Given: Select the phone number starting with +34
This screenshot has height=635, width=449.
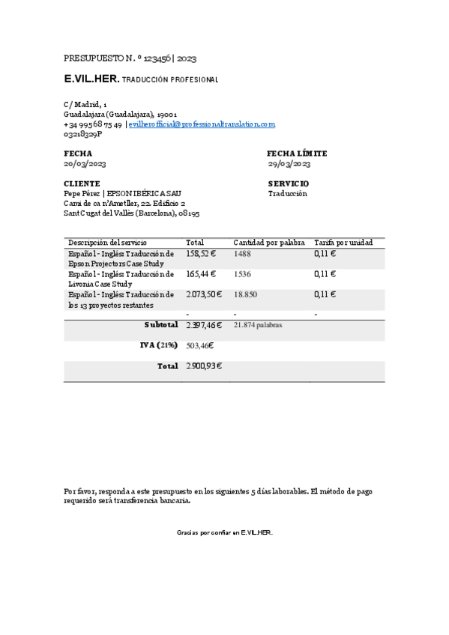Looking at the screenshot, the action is pos(93,124).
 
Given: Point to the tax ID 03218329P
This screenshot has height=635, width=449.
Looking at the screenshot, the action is pos(82,134).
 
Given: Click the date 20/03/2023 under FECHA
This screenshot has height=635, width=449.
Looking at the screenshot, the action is pos(85,163).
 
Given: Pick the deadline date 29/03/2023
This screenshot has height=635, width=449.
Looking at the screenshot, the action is pos(289,163).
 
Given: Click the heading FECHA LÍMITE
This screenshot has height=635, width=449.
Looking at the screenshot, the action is pos(297,154).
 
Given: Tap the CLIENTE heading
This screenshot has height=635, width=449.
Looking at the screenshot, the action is pos(82,183).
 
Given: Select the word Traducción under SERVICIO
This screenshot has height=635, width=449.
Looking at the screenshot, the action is pos(288,193).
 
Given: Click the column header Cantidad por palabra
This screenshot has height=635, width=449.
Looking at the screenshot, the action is pos(268,243).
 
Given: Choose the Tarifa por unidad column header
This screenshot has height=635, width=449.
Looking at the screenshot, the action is pos(343,243).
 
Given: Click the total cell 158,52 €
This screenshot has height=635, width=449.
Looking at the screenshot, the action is pos(200,255).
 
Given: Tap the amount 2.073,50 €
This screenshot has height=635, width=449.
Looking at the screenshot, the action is pos(204,295).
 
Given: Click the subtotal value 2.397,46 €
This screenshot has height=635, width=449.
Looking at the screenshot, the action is pos(204,325).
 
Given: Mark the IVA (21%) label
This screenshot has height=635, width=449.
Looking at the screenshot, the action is pos(159,345).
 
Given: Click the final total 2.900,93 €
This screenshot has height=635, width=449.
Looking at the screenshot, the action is pos(204,366).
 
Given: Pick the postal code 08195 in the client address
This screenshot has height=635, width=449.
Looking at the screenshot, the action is pos(189,213).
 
